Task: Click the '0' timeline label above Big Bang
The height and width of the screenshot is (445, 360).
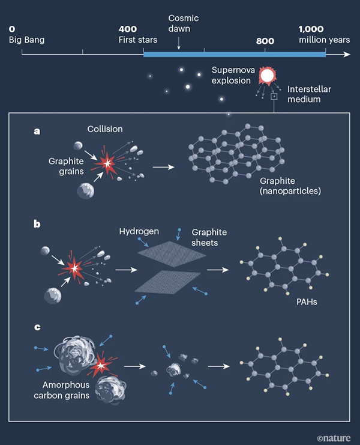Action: point(12,29)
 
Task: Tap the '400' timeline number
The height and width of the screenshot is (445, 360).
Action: point(128,29)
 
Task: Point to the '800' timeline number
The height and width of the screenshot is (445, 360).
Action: point(265,41)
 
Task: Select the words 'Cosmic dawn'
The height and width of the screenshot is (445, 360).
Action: point(183,23)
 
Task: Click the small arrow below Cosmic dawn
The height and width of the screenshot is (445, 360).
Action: point(179,43)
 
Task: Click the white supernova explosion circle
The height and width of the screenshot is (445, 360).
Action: point(267,76)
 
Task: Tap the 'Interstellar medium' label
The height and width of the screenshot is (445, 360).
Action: point(309,94)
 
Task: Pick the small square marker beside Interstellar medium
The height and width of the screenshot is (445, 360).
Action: point(274,97)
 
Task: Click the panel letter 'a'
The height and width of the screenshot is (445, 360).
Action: point(37,131)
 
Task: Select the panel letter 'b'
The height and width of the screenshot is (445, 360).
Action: point(37,224)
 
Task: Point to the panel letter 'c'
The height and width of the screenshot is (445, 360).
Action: point(37,327)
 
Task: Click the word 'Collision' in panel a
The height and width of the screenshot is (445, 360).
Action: point(105,129)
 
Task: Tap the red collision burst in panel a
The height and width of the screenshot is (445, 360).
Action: point(107,164)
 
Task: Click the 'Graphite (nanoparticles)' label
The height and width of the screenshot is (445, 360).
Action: point(290,186)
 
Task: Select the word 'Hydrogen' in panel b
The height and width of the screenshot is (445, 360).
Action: point(139,231)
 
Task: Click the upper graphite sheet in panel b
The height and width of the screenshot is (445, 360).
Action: point(172,254)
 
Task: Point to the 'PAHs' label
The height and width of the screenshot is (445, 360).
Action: point(307,301)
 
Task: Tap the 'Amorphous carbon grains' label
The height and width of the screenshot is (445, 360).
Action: point(62,390)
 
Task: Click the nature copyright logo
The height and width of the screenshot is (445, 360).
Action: point(334,438)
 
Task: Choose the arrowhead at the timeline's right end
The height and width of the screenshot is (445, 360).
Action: point(347,54)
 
